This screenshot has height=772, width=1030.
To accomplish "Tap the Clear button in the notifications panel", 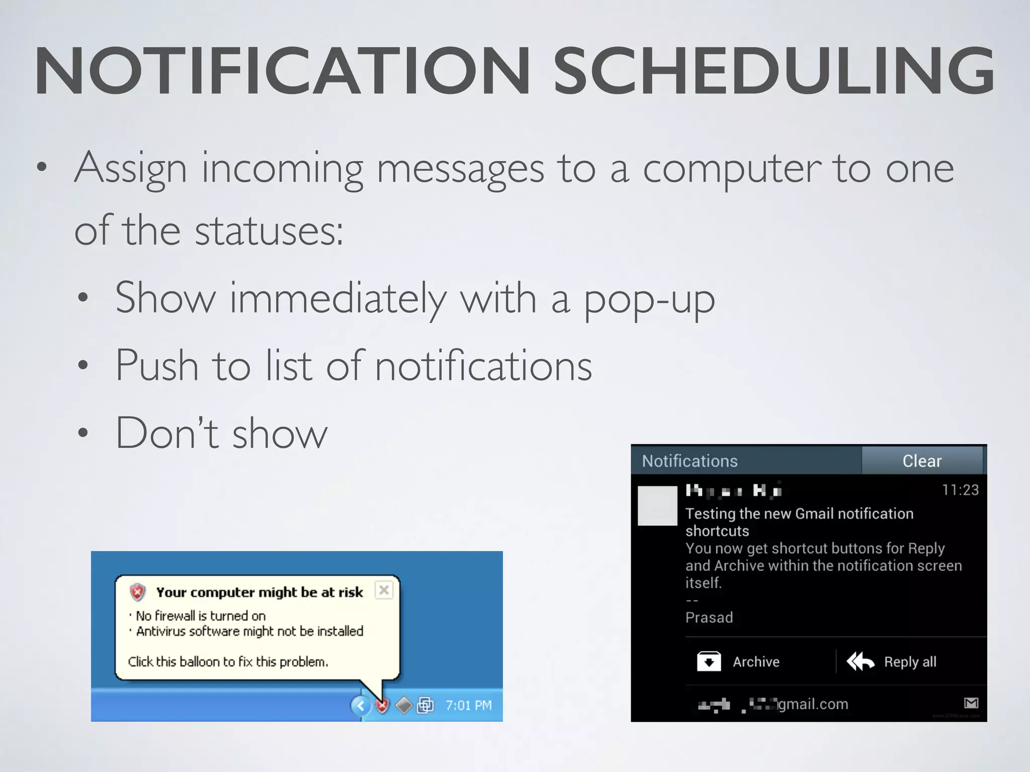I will pyautogui.click(x=921, y=460).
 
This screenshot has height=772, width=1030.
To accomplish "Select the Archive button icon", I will pyautogui.click(x=709, y=661).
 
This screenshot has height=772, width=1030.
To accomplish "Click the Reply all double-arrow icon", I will pyautogui.click(x=861, y=661).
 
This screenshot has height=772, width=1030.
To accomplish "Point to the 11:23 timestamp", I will pyautogui.click(x=960, y=490).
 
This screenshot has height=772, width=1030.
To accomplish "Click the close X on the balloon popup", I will pyautogui.click(x=384, y=590).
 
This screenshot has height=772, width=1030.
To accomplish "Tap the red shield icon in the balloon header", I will pyautogui.click(x=138, y=592).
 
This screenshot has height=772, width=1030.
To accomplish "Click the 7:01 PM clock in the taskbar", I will pyautogui.click(x=468, y=706).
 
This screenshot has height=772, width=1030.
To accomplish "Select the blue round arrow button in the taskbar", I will pyautogui.click(x=360, y=706).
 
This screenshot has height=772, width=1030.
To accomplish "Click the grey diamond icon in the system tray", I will pyautogui.click(x=404, y=706).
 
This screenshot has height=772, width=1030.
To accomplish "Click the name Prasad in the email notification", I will pyautogui.click(x=709, y=617).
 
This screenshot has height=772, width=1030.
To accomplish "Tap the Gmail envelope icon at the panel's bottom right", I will pyautogui.click(x=971, y=703).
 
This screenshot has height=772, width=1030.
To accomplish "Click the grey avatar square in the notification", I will pyautogui.click(x=657, y=506).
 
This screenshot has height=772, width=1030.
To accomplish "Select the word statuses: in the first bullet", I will pyautogui.click(x=269, y=231).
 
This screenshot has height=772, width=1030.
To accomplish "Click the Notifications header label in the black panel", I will pyautogui.click(x=690, y=461).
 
